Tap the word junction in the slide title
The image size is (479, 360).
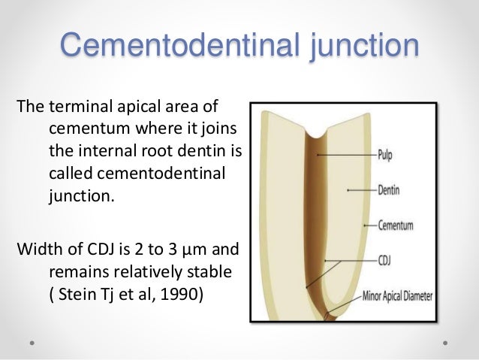point(354,45)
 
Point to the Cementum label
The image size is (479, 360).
point(399,225)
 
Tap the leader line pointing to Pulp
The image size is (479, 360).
point(345,156)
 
